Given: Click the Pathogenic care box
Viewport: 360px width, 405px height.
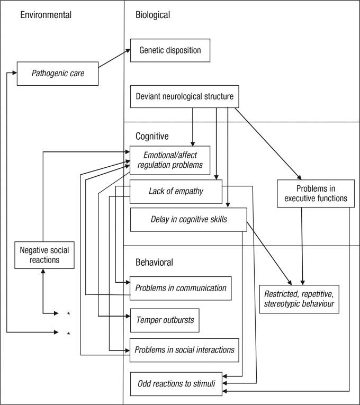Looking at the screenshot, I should tap(58, 74).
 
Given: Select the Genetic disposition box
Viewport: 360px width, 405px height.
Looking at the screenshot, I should tap(170, 51).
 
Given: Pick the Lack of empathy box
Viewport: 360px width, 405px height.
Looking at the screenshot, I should tap(176, 191).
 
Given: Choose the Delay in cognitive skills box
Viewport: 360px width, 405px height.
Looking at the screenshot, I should tap(188, 219).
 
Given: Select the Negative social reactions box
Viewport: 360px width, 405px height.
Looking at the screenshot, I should tap(44, 255).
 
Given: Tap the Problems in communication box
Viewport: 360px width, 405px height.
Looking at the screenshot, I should tap(181, 288).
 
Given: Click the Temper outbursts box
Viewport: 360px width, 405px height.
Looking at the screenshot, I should tap(165, 320).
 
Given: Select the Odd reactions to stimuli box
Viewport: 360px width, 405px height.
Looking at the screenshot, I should tap(177, 383).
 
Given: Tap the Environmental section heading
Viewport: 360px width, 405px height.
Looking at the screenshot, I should tap(46, 14).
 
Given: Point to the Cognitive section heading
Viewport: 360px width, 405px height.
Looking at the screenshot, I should tap(151, 136).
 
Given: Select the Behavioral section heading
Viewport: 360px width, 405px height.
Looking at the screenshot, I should tap(154, 262).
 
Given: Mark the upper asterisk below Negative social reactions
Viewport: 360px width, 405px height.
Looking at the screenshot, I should tap(68, 314).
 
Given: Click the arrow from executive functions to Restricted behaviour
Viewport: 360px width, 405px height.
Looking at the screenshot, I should tap(303, 244).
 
